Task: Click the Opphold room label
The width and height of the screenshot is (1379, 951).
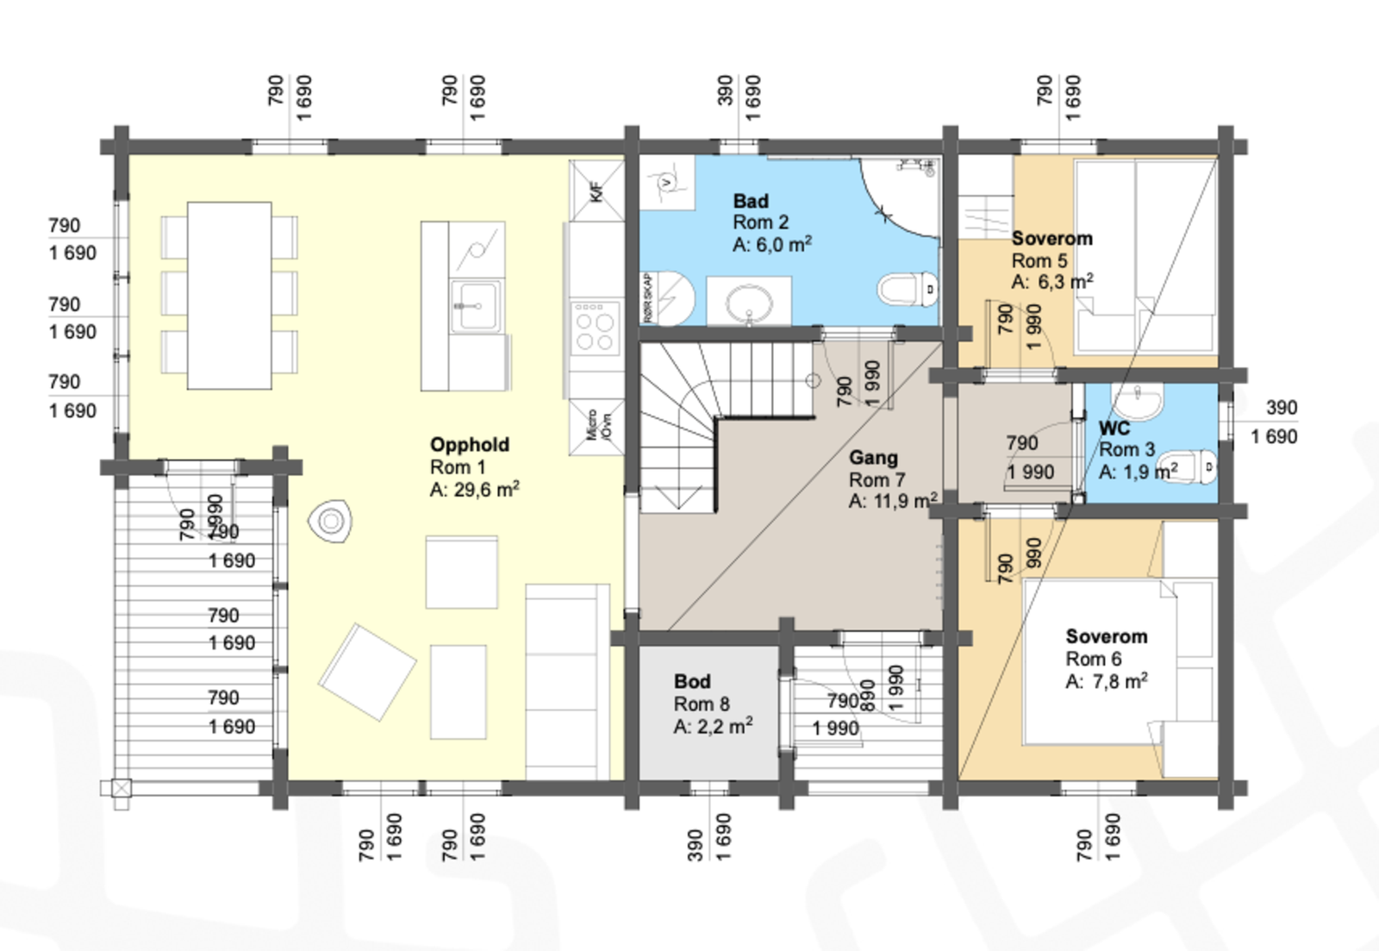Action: (470, 445)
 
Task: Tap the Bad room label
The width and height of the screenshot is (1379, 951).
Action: (751, 201)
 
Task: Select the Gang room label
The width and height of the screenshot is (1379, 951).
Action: (873, 458)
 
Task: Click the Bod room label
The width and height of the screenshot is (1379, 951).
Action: (692, 681)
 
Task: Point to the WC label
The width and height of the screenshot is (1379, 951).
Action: (1114, 429)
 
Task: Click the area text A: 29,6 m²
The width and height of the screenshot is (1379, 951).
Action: (474, 490)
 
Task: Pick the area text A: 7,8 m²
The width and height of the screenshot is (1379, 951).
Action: (1106, 681)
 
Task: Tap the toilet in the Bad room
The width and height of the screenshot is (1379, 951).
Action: (906, 289)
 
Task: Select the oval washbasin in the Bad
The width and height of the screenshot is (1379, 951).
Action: (749, 303)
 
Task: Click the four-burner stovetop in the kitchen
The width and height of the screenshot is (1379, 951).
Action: (595, 327)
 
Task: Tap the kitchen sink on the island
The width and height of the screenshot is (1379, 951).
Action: (474, 306)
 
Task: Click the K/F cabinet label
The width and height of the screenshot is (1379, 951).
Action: (596, 191)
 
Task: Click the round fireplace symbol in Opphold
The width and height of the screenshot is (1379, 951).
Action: (330, 521)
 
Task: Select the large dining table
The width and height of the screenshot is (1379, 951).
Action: (229, 295)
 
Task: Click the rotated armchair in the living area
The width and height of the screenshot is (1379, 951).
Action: (367, 672)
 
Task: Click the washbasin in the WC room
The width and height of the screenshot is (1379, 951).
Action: (1137, 400)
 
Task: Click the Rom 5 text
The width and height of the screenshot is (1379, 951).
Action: (1039, 260)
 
